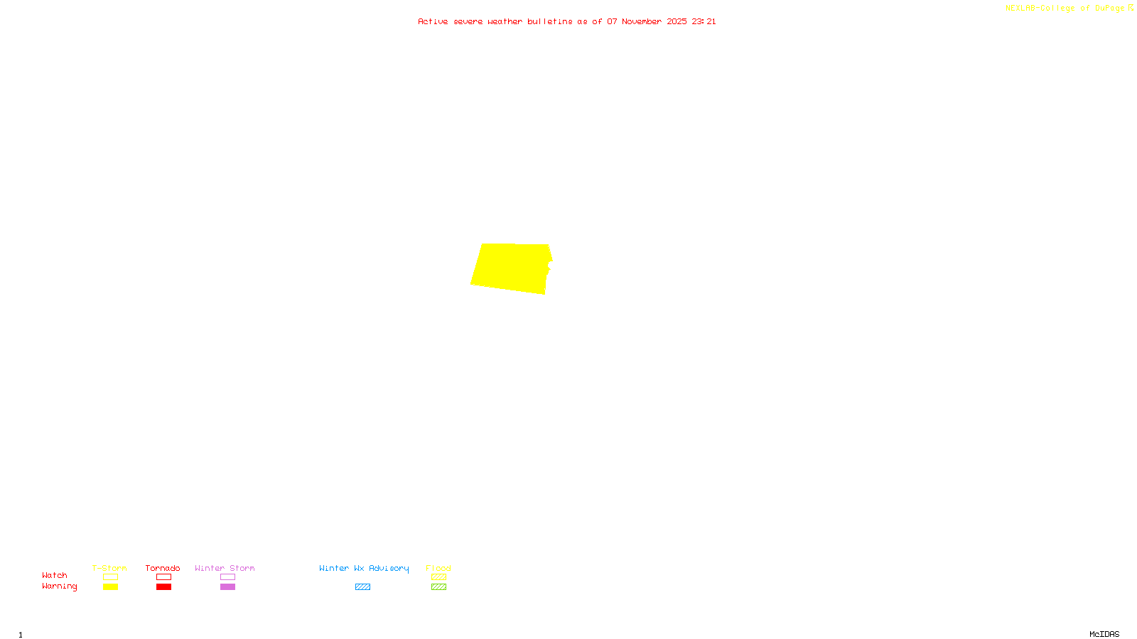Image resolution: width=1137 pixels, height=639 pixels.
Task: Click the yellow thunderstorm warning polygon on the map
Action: click(x=510, y=267)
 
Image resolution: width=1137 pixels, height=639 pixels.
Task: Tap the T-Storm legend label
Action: click(x=109, y=568)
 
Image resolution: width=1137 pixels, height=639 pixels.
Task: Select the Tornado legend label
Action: click(x=163, y=568)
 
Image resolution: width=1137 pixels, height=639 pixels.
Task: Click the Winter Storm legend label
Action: click(x=225, y=568)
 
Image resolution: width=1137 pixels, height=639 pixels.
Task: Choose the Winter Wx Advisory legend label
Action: click(x=364, y=568)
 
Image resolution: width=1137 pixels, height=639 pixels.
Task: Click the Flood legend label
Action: click(x=438, y=568)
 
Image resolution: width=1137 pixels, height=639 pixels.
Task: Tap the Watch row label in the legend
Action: click(x=55, y=575)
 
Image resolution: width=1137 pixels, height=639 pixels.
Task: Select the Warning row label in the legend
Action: click(x=60, y=586)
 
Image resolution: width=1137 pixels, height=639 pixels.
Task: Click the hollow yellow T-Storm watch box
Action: click(x=110, y=577)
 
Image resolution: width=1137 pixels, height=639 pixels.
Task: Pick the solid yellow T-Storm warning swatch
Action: click(x=110, y=587)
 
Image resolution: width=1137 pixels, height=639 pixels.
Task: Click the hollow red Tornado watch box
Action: click(x=163, y=577)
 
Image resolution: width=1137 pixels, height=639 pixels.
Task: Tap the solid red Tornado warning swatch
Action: click(x=163, y=587)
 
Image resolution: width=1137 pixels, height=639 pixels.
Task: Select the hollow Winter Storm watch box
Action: click(x=227, y=577)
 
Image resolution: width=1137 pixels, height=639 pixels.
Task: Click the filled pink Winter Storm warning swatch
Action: click(x=227, y=587)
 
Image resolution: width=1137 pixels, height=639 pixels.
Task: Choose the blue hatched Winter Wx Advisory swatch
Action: click(x=362, y=587)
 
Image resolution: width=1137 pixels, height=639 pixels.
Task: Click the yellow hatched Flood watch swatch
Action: click(x=438, y=577)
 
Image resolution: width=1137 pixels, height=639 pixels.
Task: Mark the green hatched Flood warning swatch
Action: click(x=438, y=587)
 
